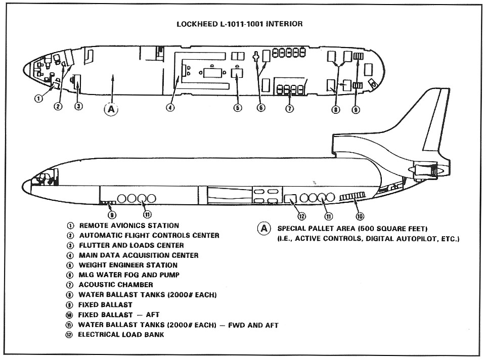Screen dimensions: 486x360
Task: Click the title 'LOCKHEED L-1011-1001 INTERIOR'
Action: pyautogui.click(x=239, y=24)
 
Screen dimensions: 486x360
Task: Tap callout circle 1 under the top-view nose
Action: pyautogui.click(x=38, y=99)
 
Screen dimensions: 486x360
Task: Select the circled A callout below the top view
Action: pyautogui.click(x=111, y=109)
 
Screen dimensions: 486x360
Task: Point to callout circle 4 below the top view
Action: pyautogui.click(x=170, y=108)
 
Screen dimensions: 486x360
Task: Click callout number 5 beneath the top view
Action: pyautogui.click(x=237, y=108)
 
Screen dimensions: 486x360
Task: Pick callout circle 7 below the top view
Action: pyautogui.click(x=289, y=108)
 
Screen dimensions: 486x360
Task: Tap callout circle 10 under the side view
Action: pyautogui.click(x=360, y=216)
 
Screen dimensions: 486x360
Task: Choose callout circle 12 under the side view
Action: pyautogui.click(x=301, y=216)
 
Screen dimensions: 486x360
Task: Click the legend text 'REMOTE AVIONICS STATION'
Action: pyautogui.click(x=129, y=226)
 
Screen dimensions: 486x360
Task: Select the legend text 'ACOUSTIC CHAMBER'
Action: pyautogui.click(x=116, y=285)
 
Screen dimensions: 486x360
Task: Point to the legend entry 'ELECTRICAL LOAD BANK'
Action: pyautogui.click(x=121, y=335)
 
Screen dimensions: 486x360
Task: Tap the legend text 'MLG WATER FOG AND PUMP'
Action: pyautogui.click(x=129, y=275)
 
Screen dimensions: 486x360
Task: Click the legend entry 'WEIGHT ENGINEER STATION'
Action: pyautogui.click(x=128, y=265)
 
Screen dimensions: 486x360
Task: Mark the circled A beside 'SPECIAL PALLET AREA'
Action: pyautogui.click(x=264, y=229)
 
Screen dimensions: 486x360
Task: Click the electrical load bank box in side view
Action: pyautogui.click(x=290, y=199)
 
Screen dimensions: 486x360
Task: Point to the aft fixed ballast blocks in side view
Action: pyautogui.click(x=352, y=196)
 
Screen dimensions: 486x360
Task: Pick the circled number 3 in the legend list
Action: pyautogui.click(x=70, y=246)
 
